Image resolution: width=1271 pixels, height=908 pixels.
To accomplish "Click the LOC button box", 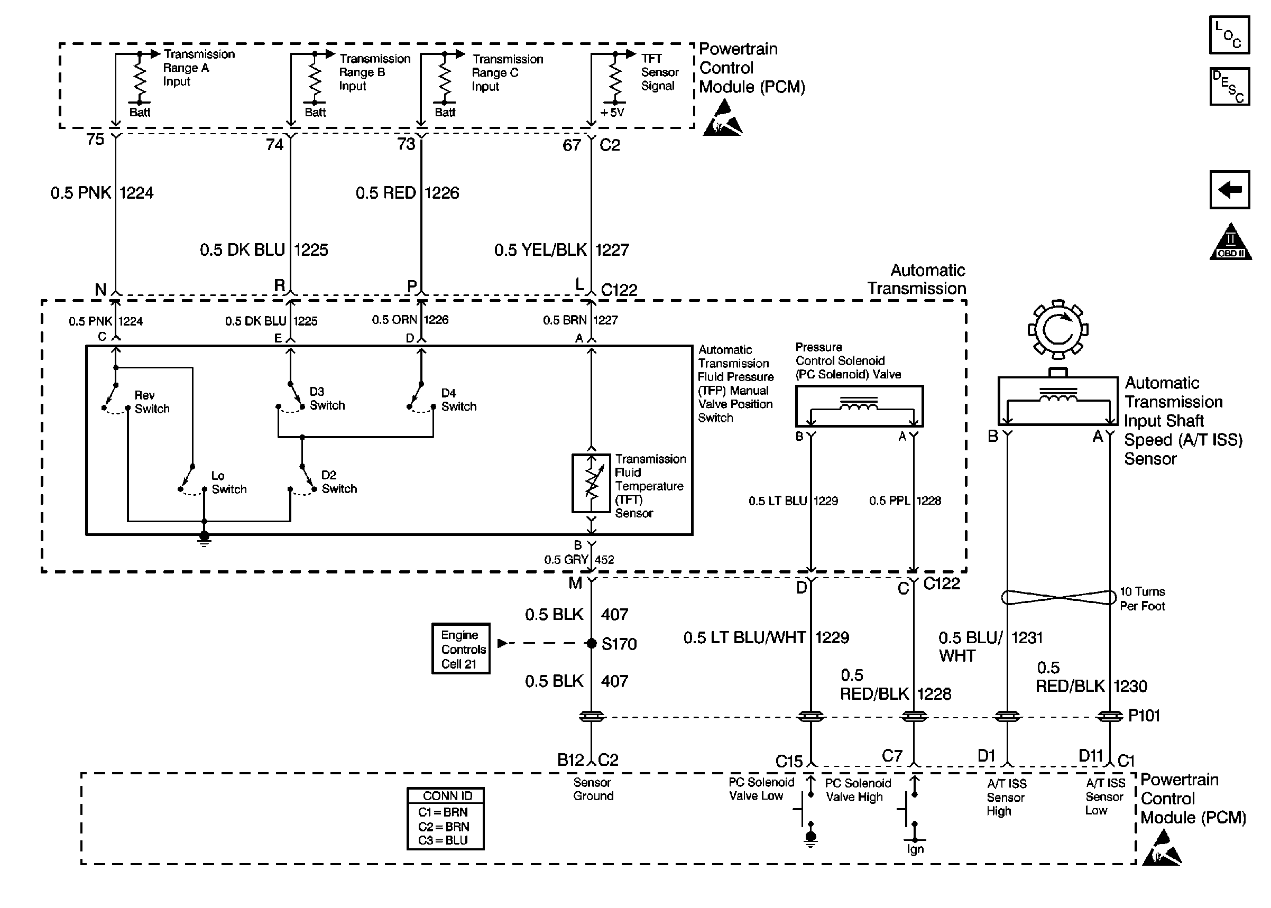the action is click(x=1229, y=35).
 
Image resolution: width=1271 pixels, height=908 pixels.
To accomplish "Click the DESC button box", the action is click(x=1229, y=87).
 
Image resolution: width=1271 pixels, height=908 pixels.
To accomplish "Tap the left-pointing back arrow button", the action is click(x=1229, y=190).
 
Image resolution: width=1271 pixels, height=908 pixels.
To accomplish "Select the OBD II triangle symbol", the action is click(x=1230, y=242).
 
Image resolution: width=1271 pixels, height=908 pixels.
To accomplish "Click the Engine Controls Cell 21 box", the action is click(x=460, y=648).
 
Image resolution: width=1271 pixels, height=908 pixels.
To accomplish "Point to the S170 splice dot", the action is click(x=591, y=644).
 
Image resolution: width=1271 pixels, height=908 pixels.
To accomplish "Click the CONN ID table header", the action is click(x=446, y=795).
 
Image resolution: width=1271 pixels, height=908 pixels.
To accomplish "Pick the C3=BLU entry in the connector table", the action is click(x=444, y=840).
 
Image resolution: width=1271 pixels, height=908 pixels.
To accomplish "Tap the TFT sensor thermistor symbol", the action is click(x=591, y=483).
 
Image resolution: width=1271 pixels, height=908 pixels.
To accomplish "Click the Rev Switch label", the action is click(x=152, y=402).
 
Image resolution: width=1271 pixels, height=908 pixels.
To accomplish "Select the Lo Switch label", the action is click(x=229, y=483).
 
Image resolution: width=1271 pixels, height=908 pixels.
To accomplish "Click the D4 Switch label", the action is click(x=458, y=400).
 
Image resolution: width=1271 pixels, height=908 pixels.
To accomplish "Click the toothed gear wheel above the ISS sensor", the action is click(x=1057, y=329).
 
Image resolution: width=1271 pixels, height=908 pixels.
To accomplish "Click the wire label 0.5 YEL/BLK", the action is click(x=540, y=250).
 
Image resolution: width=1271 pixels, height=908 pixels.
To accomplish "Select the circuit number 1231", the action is click(x=1027, y=637).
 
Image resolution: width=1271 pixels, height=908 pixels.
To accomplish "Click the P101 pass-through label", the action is click(x=1144, y=716).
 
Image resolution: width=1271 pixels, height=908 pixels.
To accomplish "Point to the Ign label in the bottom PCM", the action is click(x=915, y=849).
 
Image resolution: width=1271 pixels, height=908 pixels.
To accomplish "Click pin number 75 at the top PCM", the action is click(x=95, y=139).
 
